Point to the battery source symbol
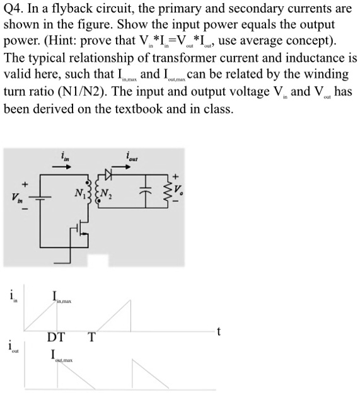43,195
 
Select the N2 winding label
109,193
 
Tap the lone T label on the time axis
91,337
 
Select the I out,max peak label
61,356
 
